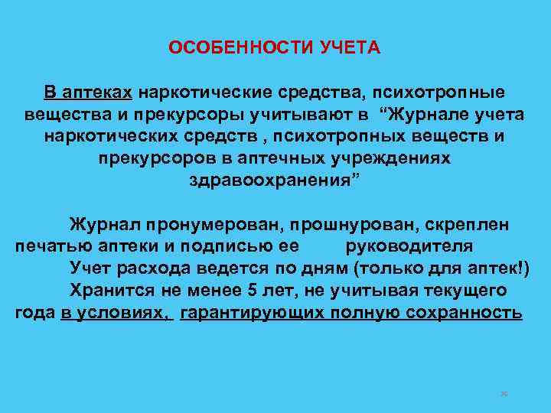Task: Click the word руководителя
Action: coord(409,247)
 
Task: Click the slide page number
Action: coord(504,394)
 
